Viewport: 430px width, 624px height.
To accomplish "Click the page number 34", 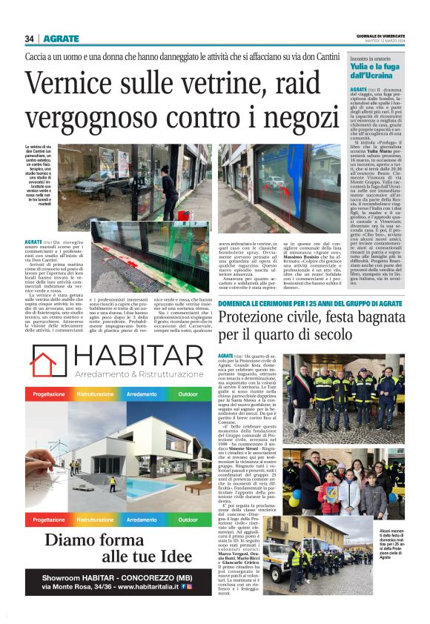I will point(30,39).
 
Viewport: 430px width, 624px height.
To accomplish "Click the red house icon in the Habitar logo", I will point(44,363).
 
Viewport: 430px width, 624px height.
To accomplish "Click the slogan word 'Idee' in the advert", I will point(172,556).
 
